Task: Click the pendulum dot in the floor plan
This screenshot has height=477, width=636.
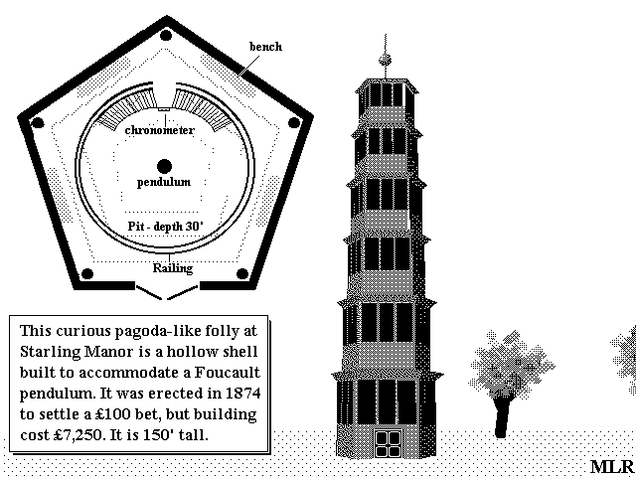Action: click(164, 166)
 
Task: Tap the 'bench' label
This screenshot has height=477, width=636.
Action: click(265, 47)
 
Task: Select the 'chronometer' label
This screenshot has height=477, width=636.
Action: click(159, 130)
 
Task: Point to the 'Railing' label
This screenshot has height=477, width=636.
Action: click(173, 268)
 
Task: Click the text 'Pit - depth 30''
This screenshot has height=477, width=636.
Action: click(166, 226)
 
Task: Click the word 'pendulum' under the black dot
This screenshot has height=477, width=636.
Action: click(164, 182)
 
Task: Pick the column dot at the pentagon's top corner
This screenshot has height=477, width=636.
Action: click(166, 36)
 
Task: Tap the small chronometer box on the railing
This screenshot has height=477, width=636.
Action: click(164, 109)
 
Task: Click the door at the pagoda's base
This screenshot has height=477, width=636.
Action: click(388, 444)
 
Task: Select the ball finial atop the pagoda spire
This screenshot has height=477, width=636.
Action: click(385, 61)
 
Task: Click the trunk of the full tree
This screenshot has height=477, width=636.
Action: click(503, 416)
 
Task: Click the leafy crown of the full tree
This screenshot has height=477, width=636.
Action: click(511, 365)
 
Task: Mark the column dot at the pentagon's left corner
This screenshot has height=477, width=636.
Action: click(38, 122)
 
